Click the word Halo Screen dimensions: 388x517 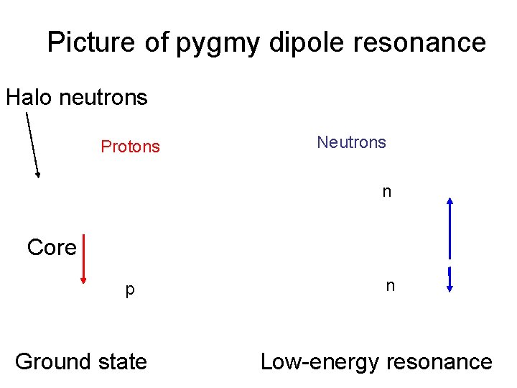(29, 97)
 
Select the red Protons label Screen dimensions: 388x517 (130, 147)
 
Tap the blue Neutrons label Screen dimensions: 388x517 (351, 142)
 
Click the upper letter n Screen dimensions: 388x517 (386, 192)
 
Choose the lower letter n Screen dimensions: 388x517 (390, 286)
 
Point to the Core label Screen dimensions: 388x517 (51, 247)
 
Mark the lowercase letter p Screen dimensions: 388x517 (129, 290)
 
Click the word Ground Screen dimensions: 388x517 (50, 361)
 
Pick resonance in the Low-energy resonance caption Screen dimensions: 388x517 (439, 362)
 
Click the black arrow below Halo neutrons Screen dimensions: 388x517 (32, 144)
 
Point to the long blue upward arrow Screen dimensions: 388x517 (450, 226)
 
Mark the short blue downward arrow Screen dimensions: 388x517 (450, 280)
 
